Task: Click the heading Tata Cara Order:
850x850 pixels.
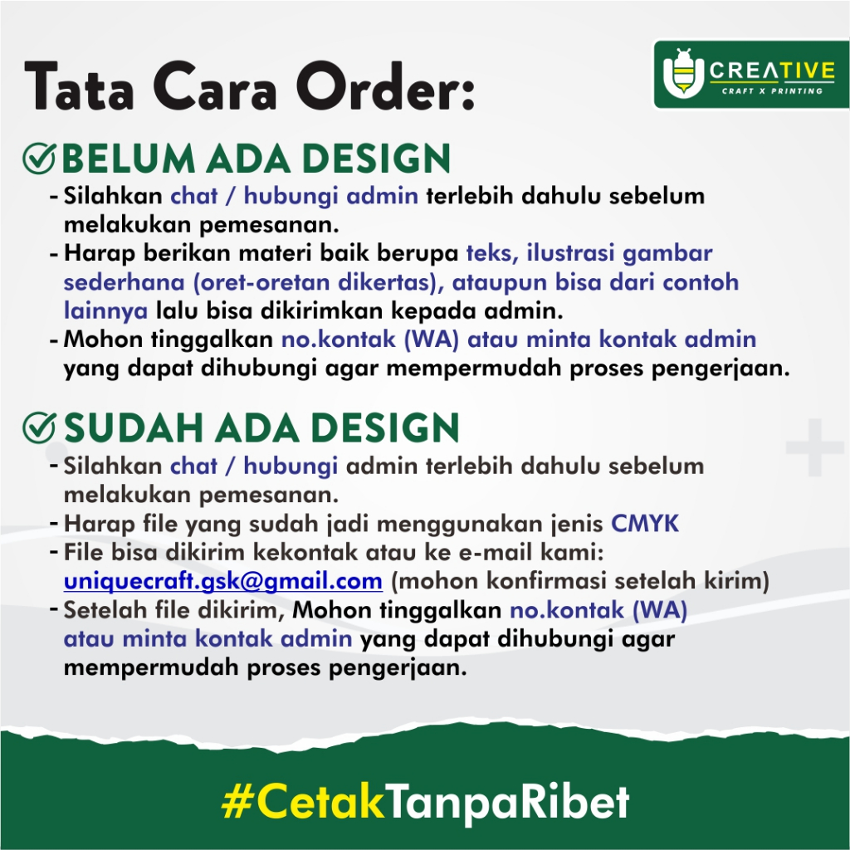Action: pyautogui.click(x=250, y=86)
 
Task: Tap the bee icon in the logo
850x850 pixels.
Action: pyautogui.click(x=684, y=73)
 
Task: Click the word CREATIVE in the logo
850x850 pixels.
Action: pyautogui.click(x=772, y=71)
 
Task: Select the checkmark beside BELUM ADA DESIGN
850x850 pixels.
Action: pyautogui.click(x=39, y=159)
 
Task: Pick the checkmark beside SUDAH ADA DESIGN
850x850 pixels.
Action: pyautogui.click(x=39, y=427)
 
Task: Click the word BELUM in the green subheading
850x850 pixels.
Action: pyautogui.click(x=129, y=159)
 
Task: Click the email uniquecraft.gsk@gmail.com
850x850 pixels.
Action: pyautogui.click(x=223, y=581)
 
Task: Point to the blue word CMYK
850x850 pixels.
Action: pyautogui.click(x=645, y=524)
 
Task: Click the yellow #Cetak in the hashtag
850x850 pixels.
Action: pyautogui.click(x=303, y=802)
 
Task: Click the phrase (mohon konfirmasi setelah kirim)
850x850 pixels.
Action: pyautogui.click(x=580, y=581)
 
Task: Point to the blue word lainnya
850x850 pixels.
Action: pyautogui.click(x=105, y=311)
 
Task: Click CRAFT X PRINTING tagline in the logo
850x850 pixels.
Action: pyautogui.click(x=772, y=91)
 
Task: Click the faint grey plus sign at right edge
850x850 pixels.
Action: pyautogui.click(x=815, y=447)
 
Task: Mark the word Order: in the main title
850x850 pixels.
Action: pyautogui.click(x=386, y=86)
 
